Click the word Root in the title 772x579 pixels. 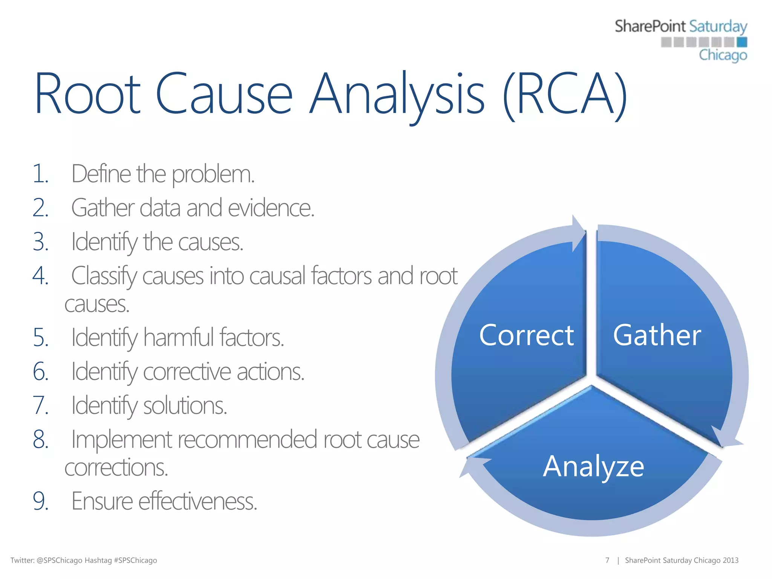pyautogui.click(x=87, y=94)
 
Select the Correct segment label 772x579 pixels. pyautogui.click(x=526, y=335)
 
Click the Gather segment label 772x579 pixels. pyautogui.click(x=657, y=335)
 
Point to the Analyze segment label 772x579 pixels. pyautogui.click(x=593, y=467)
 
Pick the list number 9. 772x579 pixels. pyautogui.click(x=40, y=501)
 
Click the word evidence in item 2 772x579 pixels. pyautogui.click(x=271, y=208)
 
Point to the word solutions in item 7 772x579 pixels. pyautogui.click(x=185, y=406)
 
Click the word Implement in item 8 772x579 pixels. pyautogui.click(x=121, y=440)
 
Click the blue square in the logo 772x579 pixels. pyautogui.click(x=741, y=42)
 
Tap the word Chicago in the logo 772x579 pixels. pyautogui.click(x=723, y=55)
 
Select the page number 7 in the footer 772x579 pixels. pyautogui.click(x=607, y=561)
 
